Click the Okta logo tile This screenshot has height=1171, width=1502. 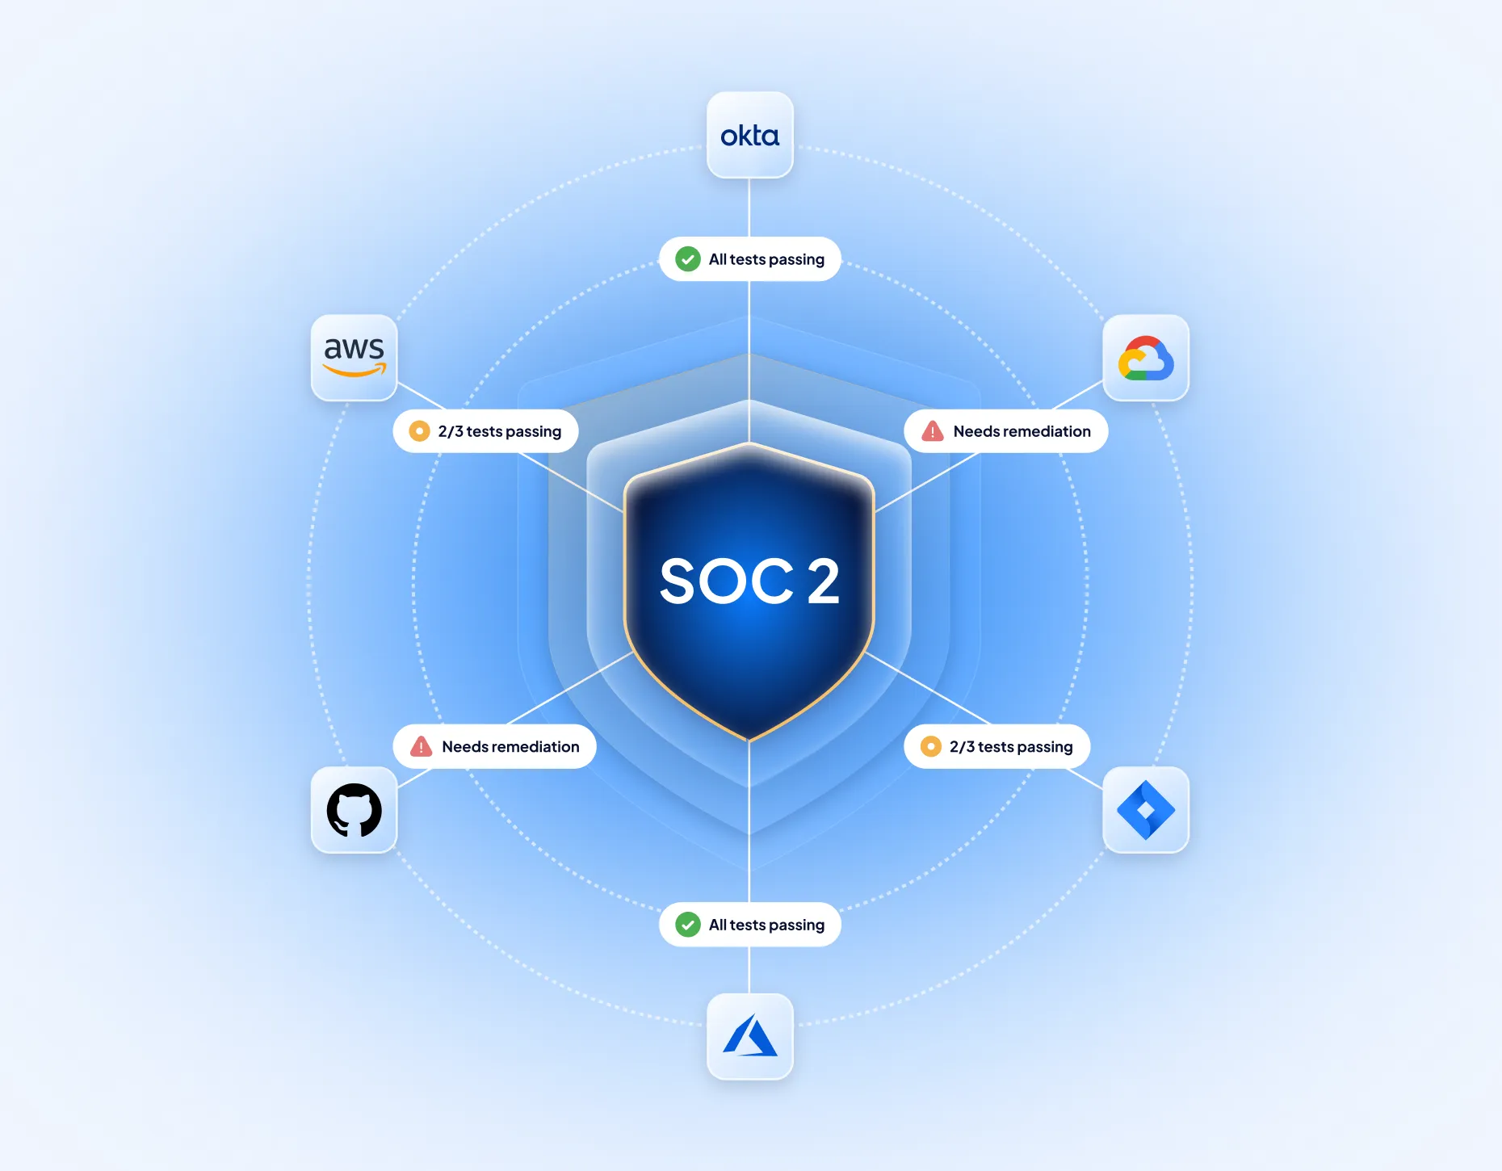click(749, 135)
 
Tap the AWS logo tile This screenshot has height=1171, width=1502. click(354, 358)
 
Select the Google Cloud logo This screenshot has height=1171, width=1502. click(1145, 359)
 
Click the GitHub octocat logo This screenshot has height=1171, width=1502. click(354, 810)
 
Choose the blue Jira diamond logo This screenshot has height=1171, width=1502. click(1145, 810)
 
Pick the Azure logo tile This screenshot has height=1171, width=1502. click(749, 1036)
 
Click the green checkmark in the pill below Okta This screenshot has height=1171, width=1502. click(687, 259)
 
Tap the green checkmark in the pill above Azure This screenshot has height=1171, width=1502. click(687, 925)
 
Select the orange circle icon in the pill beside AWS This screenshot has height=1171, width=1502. click(419, 431)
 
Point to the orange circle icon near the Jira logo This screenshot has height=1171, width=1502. click(930, 747)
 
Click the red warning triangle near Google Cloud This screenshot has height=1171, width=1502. click(933, 431)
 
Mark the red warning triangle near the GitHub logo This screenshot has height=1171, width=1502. click(421, 747)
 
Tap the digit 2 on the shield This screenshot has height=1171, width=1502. click(823, 581)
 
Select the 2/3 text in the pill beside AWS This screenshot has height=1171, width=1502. click(451, 431)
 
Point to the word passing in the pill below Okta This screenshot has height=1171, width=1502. click(796, 260)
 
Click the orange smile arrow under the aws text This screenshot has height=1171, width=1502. click(354, 371)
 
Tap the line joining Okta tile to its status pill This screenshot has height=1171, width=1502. click(749, 208)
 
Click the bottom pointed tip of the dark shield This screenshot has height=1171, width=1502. click(749, 738)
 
